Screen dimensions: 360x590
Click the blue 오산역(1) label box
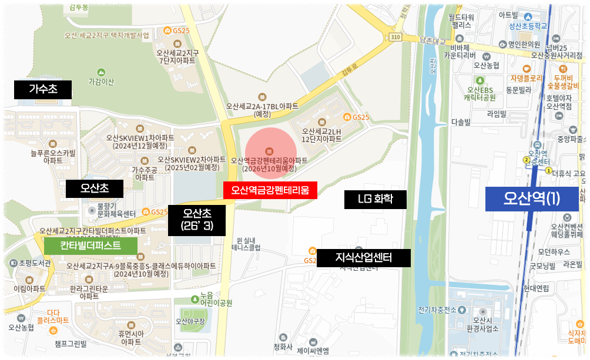tap(532, 199)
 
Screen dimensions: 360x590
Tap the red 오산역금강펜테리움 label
tap(270, 190)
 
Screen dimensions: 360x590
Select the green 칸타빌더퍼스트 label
tap(90, 245)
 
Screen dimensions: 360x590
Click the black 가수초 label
tap(43, 90)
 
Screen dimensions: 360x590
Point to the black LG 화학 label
tap(376, 199)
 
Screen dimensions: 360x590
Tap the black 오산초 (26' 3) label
tap(196, 220)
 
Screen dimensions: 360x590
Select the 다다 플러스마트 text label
tap(53, 317)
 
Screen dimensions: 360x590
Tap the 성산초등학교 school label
tap(528, 26)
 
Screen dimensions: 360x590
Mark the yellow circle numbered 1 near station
tap(548, 171)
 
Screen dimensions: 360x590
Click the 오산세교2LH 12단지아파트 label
tap(321, 135)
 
